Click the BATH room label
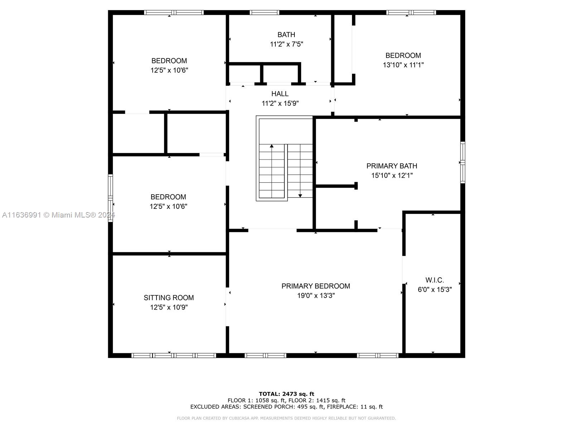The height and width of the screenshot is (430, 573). (286, 35)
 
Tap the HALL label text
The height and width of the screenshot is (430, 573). (280, 94)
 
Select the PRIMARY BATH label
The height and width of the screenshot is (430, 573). (391, 166)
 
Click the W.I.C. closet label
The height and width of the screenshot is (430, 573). (434, 280)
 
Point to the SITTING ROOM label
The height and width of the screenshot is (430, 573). (169, 298)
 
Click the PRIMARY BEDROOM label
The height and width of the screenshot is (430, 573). (316, 286)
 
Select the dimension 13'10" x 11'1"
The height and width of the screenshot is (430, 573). (403, 65)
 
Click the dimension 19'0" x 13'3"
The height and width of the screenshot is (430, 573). (316, 296)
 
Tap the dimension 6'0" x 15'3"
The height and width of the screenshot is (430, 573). (435, 290)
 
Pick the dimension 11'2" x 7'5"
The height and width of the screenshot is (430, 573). (286, 44)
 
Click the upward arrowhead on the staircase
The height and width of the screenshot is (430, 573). (271, 146)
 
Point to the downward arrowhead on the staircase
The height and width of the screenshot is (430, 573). (300, 196)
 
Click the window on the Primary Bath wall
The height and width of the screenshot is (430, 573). (462, 162)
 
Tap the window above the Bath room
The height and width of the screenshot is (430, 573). (264, 12)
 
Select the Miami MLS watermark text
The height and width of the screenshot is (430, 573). (58, 215)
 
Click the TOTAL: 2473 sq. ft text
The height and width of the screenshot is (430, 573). (286, 394)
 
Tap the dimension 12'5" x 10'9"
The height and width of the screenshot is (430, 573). (169, 307)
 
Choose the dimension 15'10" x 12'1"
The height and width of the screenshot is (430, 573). (392, 176)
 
